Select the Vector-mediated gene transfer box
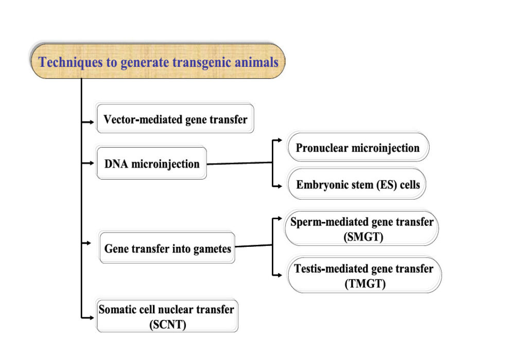click(x=175, y=120)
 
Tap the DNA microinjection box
click(x=151, y=164)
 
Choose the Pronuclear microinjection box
click(x=358, y=148)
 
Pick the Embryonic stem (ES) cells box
click(x=357, y=184)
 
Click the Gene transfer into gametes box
click(x=167, y=249)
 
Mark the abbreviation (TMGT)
click(x=364, y=283)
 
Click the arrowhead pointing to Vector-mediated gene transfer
click(x=93, y=122)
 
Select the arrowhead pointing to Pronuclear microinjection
click(x=279, y=139)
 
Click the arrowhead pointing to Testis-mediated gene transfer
click(x=279, y=275)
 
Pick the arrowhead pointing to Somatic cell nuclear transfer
click(x=93, y=319)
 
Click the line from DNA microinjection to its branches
click(x=239, y=164)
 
